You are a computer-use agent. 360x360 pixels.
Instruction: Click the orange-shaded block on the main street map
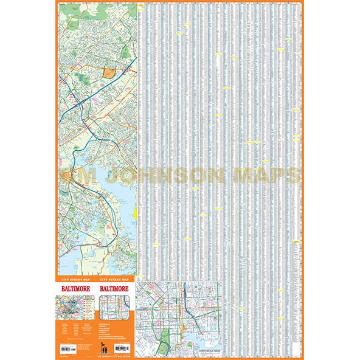click(x=110, y=73)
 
